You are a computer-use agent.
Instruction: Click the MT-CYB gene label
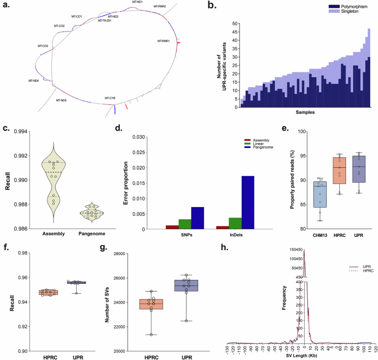point(110,98)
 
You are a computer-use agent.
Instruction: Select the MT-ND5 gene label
point(61,100)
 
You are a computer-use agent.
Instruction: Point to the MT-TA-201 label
point(105,21)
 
